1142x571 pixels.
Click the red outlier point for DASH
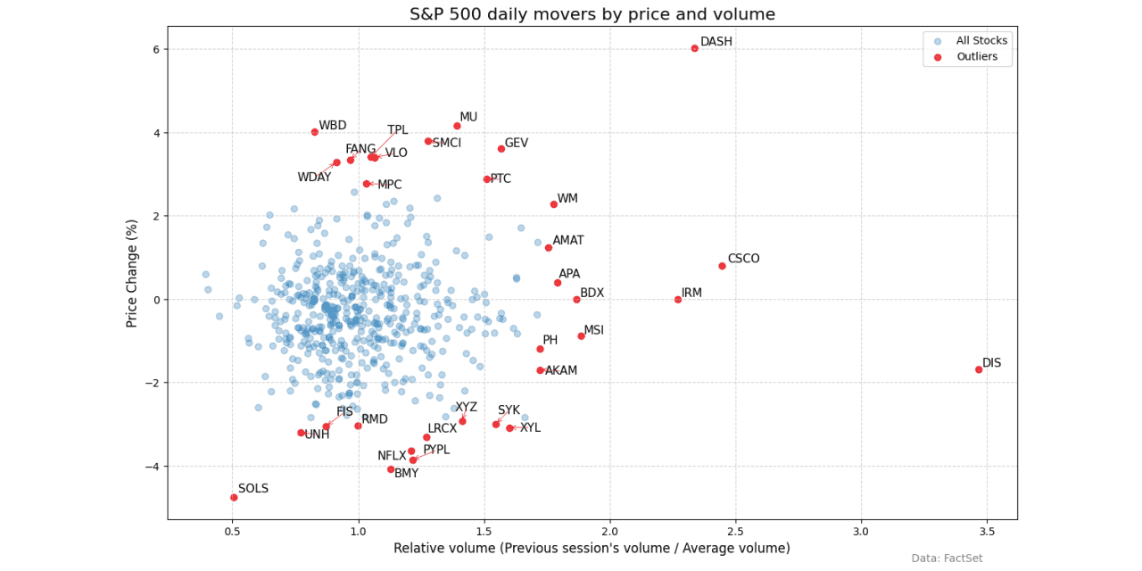695,48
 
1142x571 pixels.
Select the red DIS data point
979,369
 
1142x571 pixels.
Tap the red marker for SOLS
234,497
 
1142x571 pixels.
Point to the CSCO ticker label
743,260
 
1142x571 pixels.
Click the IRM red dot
678,300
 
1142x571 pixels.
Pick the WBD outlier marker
315,132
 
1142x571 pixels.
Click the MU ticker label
468,117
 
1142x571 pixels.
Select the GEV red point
501,149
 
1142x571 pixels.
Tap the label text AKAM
561,370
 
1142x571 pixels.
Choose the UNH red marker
302,433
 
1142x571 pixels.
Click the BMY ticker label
406,474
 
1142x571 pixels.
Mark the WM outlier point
554,204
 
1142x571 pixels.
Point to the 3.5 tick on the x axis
987,532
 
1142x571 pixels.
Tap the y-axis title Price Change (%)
132,273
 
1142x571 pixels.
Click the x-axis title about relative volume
592,548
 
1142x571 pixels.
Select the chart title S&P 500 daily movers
592,14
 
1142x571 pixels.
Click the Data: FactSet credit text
948,559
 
